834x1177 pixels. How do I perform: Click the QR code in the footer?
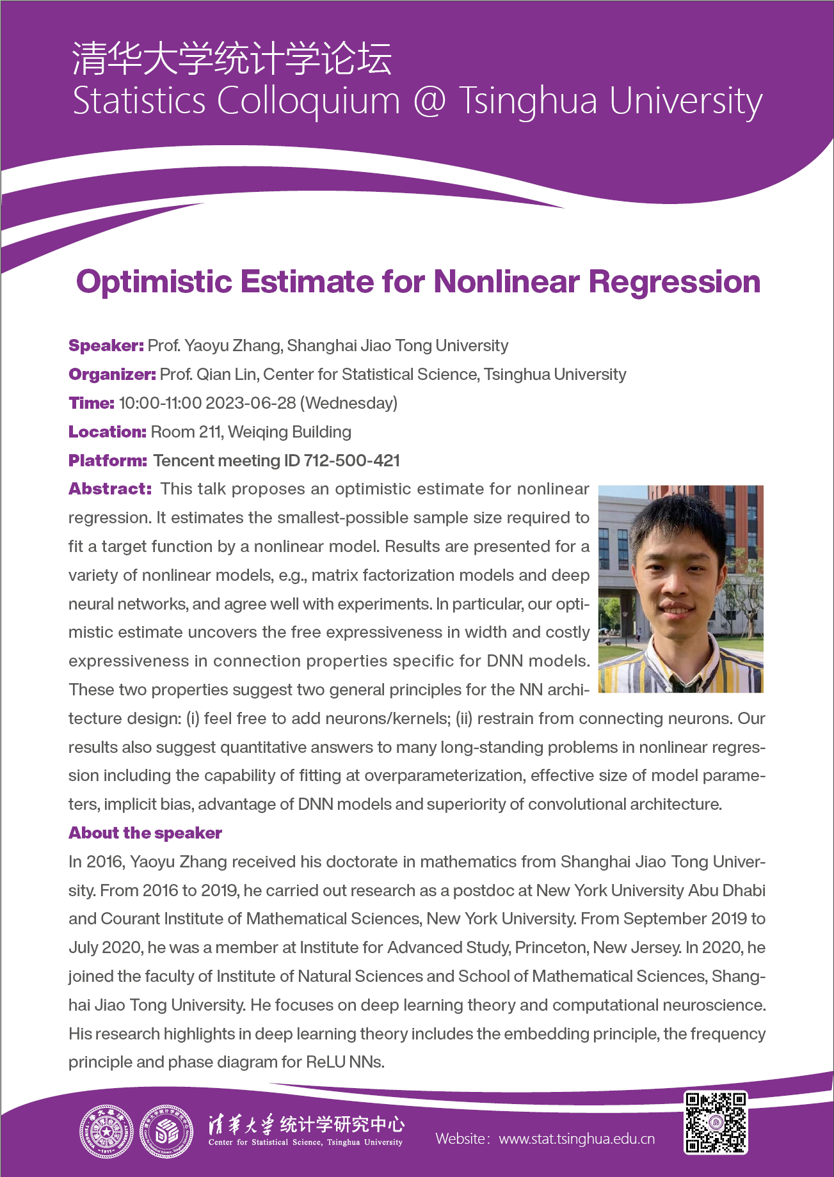[x=716, y=1123]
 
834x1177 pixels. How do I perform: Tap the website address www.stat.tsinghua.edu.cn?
[x=577, y=1139]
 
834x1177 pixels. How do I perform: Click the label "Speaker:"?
[x=106, y=345]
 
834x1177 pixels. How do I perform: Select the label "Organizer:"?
[x=112, y=374]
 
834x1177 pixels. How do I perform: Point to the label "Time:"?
[x=92, y=403]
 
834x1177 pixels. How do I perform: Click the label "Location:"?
[x=108, y=432]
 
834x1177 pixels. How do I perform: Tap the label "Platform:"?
[x=108, y=461]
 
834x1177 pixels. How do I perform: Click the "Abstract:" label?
[x=110, y=489]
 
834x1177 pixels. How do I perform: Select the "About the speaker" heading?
[x=145, y=833]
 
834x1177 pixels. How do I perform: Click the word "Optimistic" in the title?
[x=154, y=282]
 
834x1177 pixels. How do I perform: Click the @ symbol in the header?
[x=429, y=101]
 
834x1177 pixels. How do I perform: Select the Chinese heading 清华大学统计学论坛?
[x=232, y=59]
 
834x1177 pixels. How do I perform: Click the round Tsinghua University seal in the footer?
[x=106, y=1132]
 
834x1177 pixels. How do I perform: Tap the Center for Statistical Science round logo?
[x=166, y=1132]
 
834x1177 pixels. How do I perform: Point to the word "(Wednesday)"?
[x=349, y=403]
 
